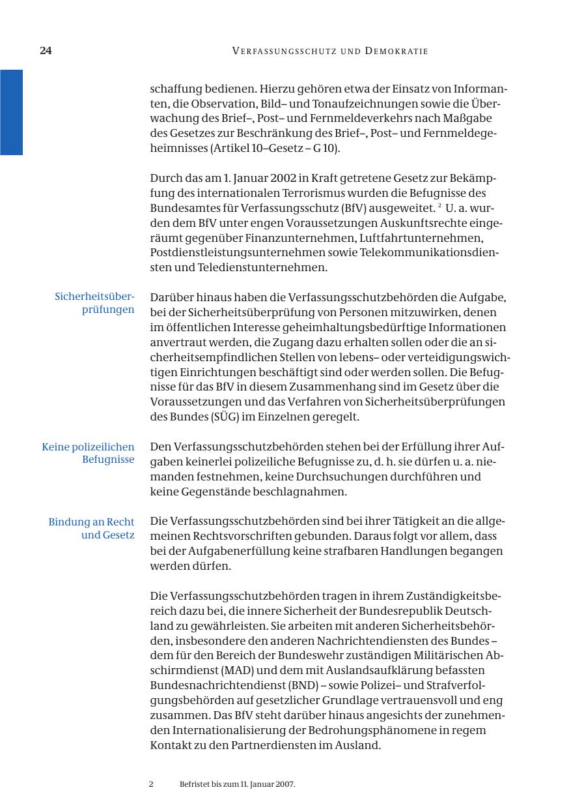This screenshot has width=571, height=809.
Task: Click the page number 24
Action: coord(46,51)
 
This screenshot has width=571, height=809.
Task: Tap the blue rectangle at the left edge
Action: coord(11,112)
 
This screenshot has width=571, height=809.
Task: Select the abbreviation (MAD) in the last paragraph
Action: coord(223,670)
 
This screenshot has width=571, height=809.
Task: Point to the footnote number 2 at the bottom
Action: coord(151,785)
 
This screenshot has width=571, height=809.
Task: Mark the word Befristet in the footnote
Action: coord(195,785)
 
